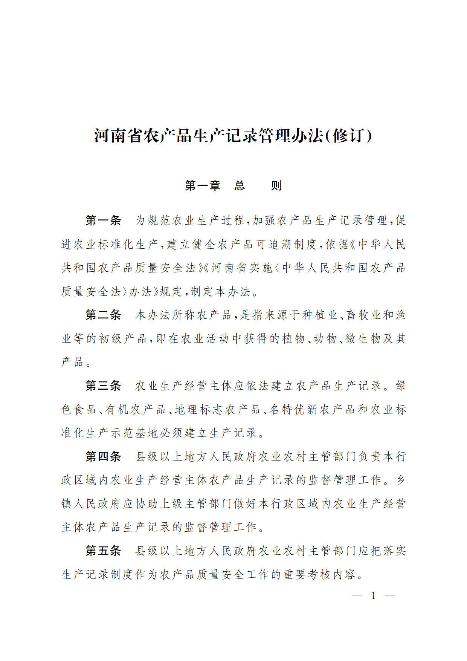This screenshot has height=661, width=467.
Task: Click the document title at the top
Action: pos(233,136)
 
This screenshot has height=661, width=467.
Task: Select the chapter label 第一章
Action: pos(202,185)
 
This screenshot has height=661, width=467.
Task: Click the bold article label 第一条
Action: pos(103,220)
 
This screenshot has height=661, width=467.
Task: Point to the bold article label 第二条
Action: pos(103,315)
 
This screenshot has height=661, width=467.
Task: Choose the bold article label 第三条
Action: pos(103,386)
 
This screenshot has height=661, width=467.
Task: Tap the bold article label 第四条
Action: pos(103,456)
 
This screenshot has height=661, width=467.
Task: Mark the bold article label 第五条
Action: pos(103,551)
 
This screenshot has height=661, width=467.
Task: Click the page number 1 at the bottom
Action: pos(373,595)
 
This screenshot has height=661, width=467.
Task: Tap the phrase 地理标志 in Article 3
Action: pos(193,409)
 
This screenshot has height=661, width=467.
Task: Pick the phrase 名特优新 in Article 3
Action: pos(287,409)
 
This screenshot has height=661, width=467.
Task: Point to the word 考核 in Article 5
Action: pos(320,574)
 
